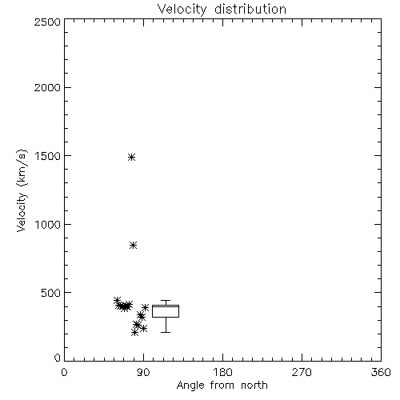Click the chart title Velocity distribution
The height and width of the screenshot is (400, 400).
pos(222,10)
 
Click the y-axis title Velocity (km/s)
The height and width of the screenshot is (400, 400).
pos(22,190)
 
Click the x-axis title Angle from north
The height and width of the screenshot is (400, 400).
pos(222,386)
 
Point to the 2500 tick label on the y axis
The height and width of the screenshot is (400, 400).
pos(47,22)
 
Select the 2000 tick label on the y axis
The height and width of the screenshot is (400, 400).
pos(47,87)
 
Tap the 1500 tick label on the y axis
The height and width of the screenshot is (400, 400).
pos(48,156)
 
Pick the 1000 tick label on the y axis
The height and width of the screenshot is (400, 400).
pos(48,224)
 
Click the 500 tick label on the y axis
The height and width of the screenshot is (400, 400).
pos(51,293)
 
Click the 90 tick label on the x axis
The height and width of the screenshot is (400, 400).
pos(143,372)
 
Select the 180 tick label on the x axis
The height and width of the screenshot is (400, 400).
pos(222,372)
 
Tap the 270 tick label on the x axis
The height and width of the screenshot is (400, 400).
pos(302,372)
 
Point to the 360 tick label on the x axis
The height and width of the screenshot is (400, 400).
pos(381,372)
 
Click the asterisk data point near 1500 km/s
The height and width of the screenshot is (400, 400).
pos(131,157)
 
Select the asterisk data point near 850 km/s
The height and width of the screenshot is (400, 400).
pos(133,245)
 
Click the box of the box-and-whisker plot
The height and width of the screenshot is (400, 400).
pos(166,311)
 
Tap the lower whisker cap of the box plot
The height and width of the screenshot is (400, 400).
pos(166,332)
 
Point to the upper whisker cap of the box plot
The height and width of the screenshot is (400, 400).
pos(166,301)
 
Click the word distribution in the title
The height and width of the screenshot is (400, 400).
pos(250,9)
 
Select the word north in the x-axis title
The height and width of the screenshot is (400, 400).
pos(254,385)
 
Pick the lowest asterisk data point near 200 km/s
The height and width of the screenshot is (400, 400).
pos(134,332)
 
